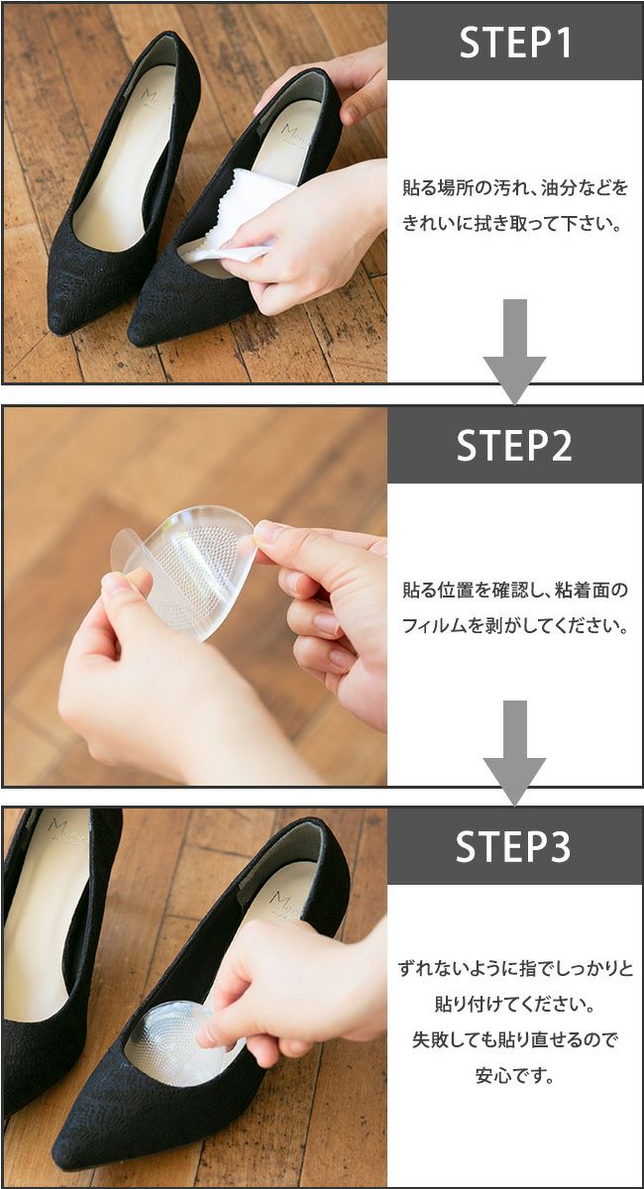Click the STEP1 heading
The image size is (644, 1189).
point(514,42)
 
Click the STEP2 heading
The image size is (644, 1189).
point(514,445)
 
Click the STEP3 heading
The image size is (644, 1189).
point(514,846)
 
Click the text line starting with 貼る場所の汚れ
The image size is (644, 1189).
point(514,187)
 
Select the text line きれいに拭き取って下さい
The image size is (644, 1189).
point(514,224)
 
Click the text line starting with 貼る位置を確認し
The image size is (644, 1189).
point(514,591)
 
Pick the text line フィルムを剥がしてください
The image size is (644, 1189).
point(514,626)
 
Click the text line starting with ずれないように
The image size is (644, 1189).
point(514,967)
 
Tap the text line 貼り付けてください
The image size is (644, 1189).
point(514,1004)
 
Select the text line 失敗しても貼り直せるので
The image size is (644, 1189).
point(514,1039)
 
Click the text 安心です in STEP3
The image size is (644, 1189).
point(514,1075)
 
